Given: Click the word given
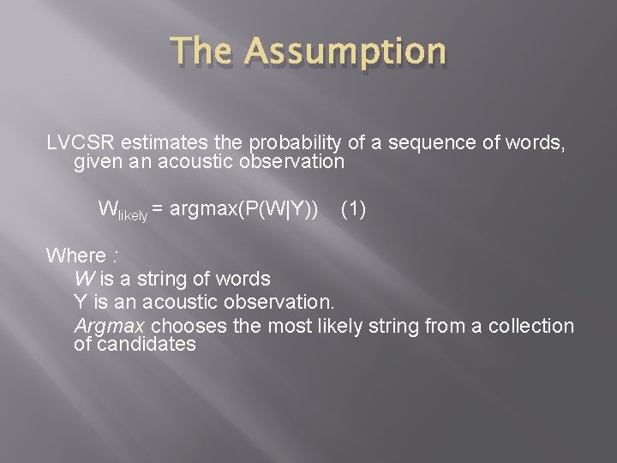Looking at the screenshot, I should coord(97,161).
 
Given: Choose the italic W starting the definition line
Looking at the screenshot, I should coord(84,279).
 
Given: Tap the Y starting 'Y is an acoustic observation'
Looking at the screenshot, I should coord(81,302).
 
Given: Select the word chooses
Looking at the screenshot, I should coord(184,326).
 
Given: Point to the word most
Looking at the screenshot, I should coord(287,326).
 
